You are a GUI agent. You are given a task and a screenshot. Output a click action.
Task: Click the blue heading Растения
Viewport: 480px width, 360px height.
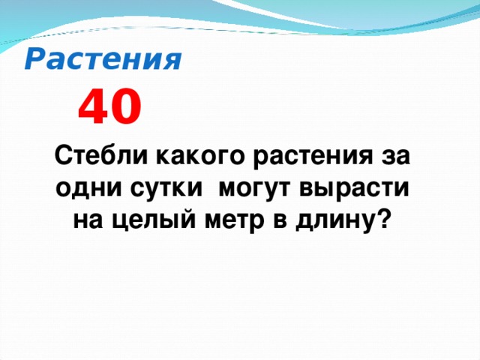(x=103, y=59)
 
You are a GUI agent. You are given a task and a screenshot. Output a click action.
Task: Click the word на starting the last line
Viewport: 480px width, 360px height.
(x=85, y=220)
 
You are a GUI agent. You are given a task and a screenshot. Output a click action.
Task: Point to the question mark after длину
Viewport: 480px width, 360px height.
(x=385, y=220)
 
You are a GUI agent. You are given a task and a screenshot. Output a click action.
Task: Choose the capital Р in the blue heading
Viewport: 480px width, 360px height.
(x=34, y=59)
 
